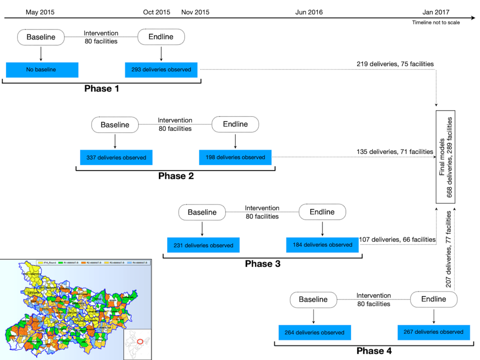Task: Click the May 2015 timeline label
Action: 39,12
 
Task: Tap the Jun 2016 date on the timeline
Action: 309,12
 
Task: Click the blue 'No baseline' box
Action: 42,69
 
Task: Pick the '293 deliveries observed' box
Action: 161,69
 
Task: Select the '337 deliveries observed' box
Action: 116,157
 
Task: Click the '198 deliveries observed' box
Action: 235,157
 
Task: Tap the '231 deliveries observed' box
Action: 203,245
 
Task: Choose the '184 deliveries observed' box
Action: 322,245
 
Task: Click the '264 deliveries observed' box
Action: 315,333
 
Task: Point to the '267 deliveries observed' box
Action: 434,332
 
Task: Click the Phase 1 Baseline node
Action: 41,37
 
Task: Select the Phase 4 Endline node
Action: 434,299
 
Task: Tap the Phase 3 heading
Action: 262,264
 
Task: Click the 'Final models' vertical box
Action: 446,157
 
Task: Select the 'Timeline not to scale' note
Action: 436,22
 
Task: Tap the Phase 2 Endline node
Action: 235,124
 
